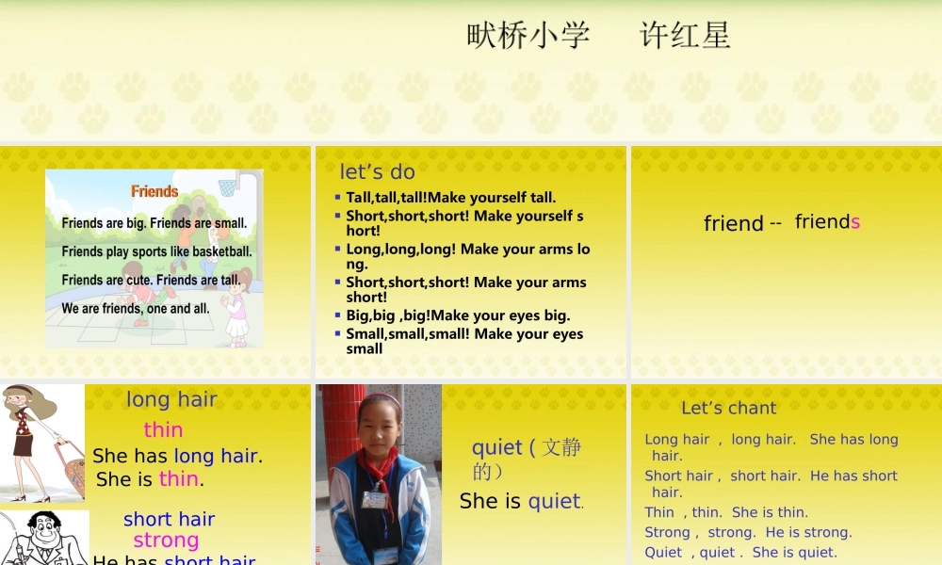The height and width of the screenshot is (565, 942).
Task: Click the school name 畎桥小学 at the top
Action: point(528,36)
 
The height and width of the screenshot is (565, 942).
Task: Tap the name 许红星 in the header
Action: point(685,36)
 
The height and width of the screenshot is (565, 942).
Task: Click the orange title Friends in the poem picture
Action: point(154,191)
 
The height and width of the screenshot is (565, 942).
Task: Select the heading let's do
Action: point(377,171)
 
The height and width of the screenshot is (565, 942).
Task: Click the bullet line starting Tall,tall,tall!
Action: point(451,198)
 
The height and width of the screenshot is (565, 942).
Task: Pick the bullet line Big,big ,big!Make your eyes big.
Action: point(458,315)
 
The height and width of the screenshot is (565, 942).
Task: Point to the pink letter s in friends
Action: point(855,222)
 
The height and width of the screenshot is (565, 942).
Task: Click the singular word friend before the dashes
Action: point(733,223)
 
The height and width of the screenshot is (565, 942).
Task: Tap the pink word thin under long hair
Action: point(163,430)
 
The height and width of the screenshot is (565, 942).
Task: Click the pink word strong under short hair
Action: point(166,541)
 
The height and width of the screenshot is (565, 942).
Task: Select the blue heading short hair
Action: point(169,519)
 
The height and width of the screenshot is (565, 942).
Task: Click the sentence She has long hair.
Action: point(177,456)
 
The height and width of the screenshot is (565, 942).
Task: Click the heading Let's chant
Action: point(728,408)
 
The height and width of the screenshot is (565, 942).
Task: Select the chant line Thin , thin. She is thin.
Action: point(726,512)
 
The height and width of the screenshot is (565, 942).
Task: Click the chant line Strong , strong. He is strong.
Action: point(748,532)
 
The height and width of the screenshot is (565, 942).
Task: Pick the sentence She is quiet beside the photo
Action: point(521,501)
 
